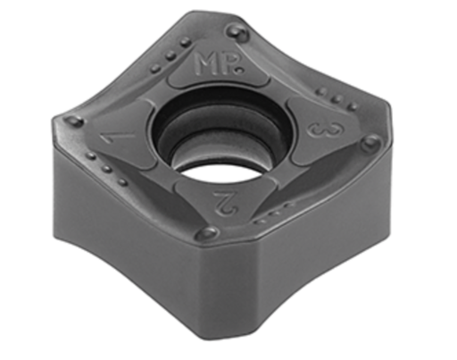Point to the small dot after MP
[x=239, y=71]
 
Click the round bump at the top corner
[x=238, y=31]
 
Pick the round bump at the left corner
[x=74, y=121]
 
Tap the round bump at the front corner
[x=208, y=232]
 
